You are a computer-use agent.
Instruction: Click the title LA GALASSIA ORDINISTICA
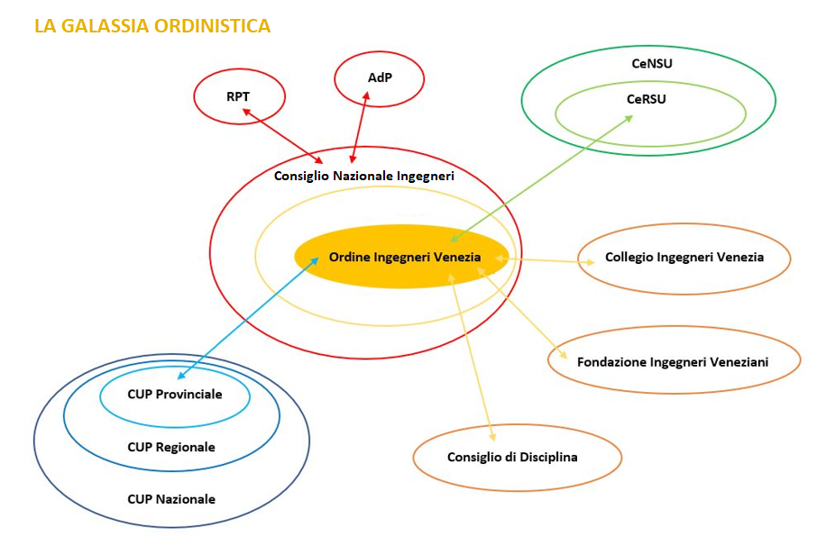click(x=152, y=26)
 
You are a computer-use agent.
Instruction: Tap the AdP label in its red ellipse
click(x=380, y=77)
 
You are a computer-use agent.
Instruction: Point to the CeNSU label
click(x=651, y=64)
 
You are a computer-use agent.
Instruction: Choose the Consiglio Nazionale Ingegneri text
click(x=363, y=176)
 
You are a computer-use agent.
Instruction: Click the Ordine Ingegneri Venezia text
click(x=405, y=258)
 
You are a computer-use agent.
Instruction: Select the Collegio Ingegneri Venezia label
click(x=684, y=258)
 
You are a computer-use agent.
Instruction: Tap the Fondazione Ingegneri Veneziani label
click(x=673, y=362)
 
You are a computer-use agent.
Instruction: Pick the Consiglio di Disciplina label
click(x=512, y=457)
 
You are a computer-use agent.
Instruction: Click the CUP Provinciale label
click(x=175, y=395)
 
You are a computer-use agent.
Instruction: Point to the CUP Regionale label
click(x=171, y=447)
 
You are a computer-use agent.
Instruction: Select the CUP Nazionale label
click(x=171, y=499)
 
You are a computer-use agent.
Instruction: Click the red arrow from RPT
click(x=281, y=131)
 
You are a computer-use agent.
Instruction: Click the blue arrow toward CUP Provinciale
click(x=248, y=316)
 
